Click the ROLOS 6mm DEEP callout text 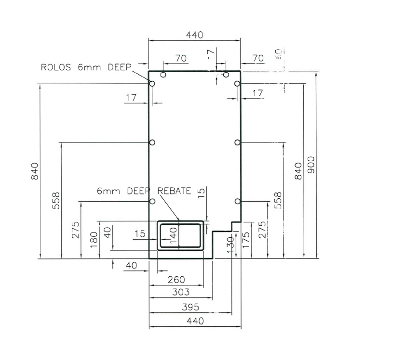pyautogui.click(x=86, y=67)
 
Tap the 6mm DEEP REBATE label pyautogui.click(x=144, y=191)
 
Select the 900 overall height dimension pyautogui.click(x=311, y=165)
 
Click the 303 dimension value pyautogui.click(x=180, y=292)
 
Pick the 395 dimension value pyautogui.click(x=190, y=307)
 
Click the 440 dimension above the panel pyautogui.click(x=194, y=35)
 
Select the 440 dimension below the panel pyautogui.click(x=195, y=321)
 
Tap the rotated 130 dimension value pyautogui.click(x=230, y=245)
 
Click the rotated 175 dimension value pyautogui.click(x=246, y=240)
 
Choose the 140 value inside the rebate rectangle pyautogui.click(x=174, y=236)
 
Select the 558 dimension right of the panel pyautogui.click(x=278, y=200)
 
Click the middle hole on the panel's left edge pyautogui.click(x=152, y=142)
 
